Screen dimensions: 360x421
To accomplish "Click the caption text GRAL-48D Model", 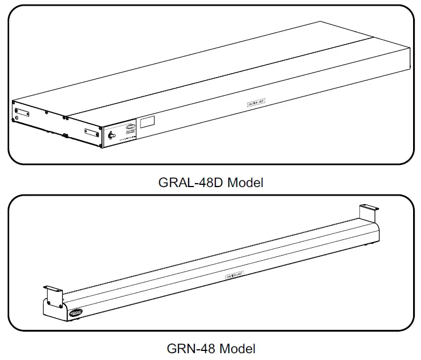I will click(211, 183).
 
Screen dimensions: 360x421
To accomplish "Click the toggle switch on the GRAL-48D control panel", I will click(110, 136).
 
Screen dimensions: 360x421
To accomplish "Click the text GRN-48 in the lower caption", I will click(190, 348).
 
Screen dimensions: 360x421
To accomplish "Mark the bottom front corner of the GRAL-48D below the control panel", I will click(103, 149).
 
